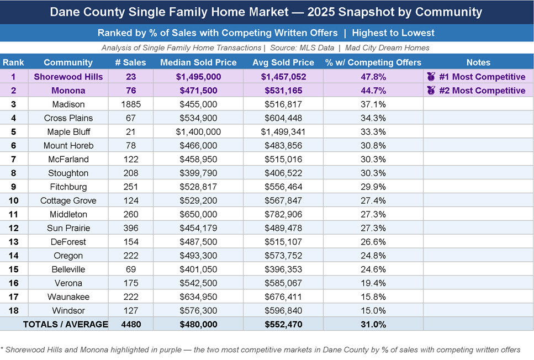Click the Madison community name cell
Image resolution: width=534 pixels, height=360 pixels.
(x=68, y=104)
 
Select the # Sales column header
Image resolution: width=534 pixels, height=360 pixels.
(x=130, y=62)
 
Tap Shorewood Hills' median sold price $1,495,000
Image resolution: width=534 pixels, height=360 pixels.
(x=198, y=77)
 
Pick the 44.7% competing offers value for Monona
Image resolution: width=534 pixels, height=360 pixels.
(x=373, y=91)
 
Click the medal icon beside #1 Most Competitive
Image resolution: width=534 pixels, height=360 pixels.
(x=431, y=77)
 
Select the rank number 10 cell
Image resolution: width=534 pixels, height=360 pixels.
(x=13, y=200)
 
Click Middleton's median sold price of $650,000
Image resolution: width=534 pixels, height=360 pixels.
(x=198, y=214)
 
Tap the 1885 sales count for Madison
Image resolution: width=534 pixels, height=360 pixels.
(x=130, y=104)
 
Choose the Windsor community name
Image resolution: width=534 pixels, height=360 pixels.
(x=68, y=310)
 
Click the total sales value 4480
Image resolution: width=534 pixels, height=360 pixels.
(x=130, y=325)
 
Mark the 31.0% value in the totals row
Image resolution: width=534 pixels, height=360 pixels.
(x=373, y=325)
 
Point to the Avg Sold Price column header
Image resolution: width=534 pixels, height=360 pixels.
(x=283, y=62)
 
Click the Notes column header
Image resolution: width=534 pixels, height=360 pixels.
(x=478, y=62)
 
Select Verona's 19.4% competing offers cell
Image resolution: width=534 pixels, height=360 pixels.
(x=373, y=283)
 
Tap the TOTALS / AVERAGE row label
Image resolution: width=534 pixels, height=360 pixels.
(x=65, y=325)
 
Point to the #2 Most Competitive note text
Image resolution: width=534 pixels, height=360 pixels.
(x=482, y=91)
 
